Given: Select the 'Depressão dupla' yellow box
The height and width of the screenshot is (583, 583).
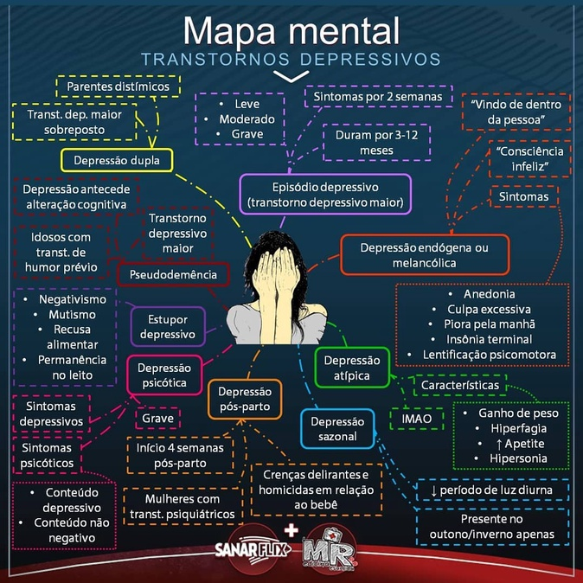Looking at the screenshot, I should pos(117,160).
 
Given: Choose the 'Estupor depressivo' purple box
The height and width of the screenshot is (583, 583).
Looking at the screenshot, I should pos(168,326).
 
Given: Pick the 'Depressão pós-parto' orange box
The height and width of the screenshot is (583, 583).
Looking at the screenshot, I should pos(245,400).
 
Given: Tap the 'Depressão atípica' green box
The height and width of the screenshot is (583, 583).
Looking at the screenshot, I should pos(350,368).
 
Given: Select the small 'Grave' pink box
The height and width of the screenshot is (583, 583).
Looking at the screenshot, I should pos(158,419).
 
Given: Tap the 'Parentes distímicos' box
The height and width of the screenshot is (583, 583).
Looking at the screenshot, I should pos(117,86).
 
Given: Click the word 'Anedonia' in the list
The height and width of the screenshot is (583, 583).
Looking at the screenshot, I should pos(489,294).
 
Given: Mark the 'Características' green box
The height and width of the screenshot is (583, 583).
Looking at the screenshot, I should pos(462,385).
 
